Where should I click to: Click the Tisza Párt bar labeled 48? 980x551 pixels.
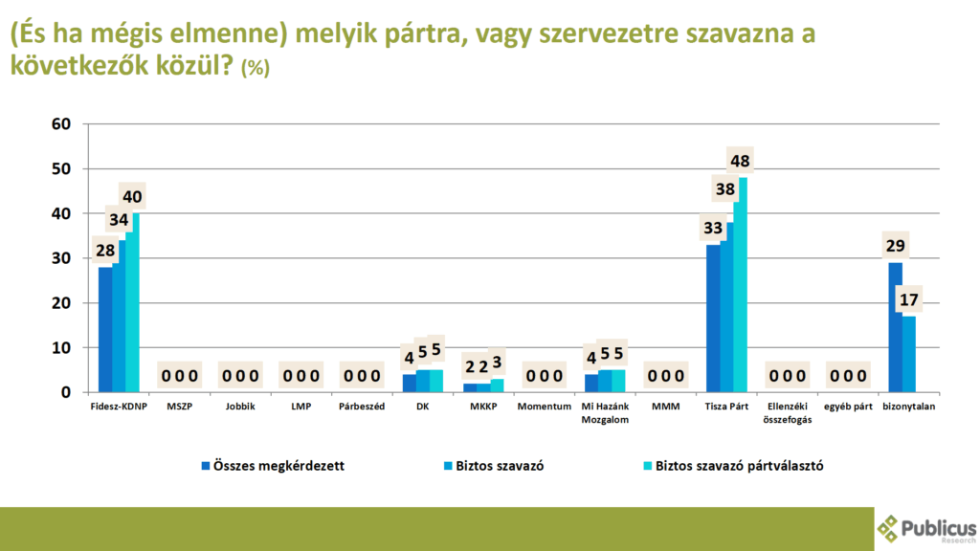point(742,285)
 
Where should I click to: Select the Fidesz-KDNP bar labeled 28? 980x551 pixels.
point(105,329)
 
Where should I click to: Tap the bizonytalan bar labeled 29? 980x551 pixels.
point(896,327)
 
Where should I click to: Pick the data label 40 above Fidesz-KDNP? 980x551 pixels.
point(133,198)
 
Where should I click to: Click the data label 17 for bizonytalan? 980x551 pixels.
point(909,300)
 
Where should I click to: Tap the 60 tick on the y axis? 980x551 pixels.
point(61,123)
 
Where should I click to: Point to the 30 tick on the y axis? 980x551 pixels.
point(61,258)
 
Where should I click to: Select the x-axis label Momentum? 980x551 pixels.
point(544,407)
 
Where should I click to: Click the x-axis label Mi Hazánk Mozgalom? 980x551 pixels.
point(604,412)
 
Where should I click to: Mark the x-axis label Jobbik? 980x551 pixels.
point(240,407)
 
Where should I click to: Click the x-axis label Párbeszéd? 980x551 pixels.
point(362,407)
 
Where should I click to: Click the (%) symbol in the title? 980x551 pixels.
point(256,68)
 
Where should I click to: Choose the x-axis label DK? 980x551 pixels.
point(422,407)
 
